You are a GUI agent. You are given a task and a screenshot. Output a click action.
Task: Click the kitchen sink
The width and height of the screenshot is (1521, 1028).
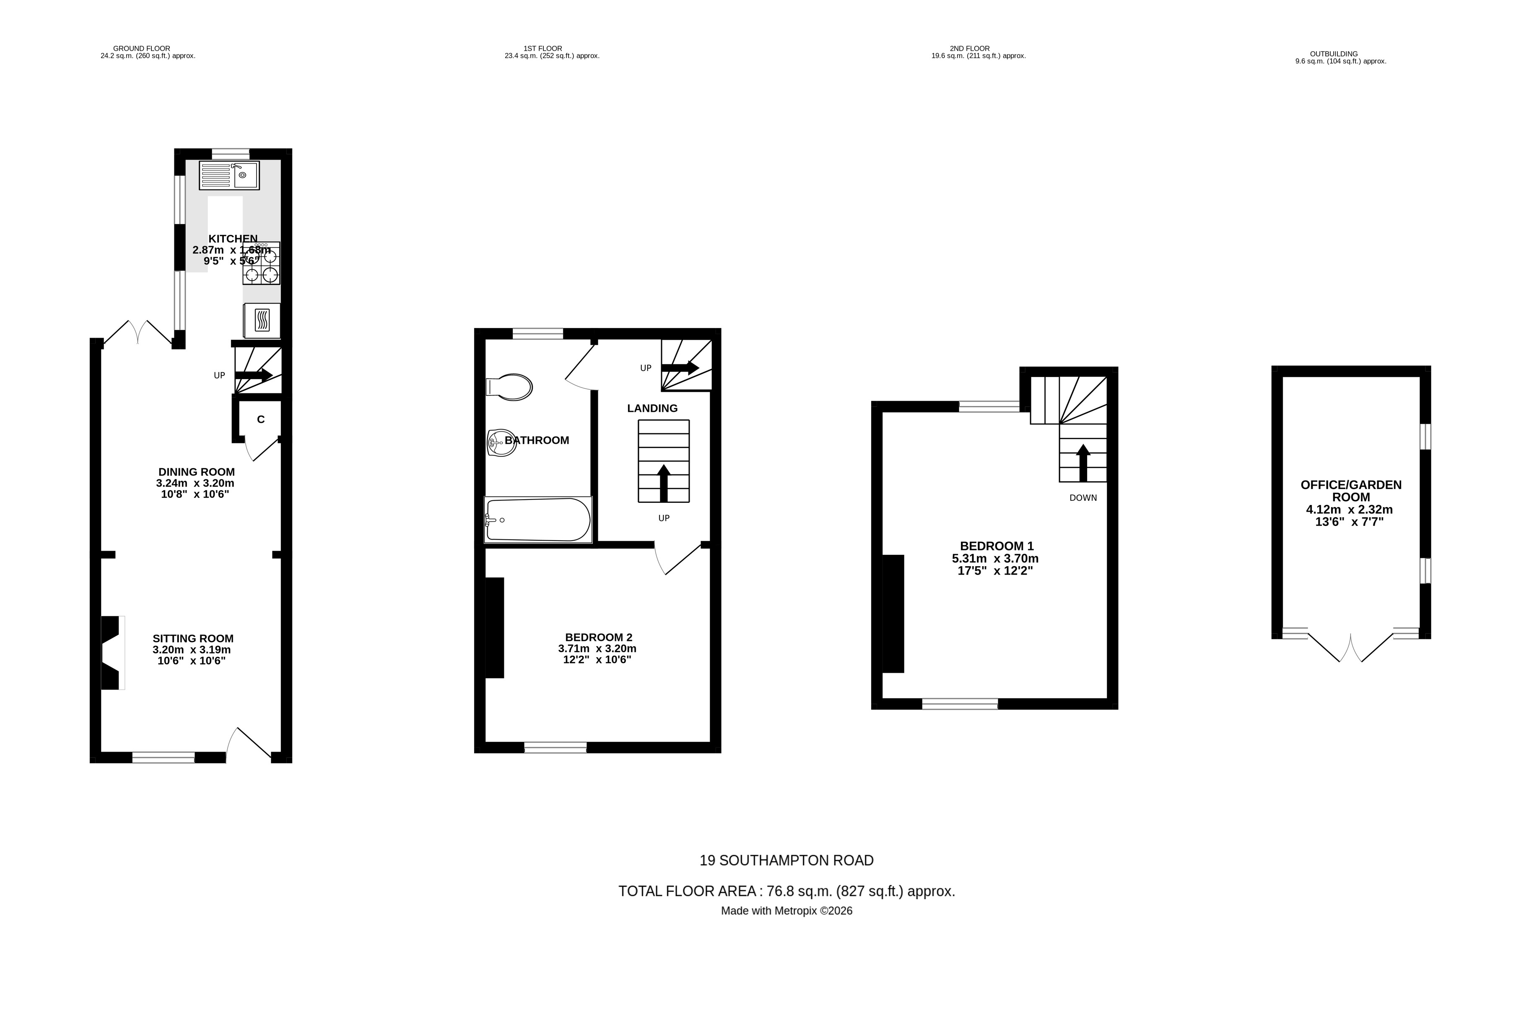229,175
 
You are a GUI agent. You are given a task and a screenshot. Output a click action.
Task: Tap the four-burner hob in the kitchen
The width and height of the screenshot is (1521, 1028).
261,263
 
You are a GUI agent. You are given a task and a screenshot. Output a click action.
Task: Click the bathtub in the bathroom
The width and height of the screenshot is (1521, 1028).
538,520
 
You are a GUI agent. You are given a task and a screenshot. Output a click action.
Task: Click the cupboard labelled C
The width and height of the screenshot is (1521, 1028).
260,420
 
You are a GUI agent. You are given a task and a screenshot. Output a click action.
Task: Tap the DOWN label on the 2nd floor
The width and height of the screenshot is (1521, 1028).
1083,497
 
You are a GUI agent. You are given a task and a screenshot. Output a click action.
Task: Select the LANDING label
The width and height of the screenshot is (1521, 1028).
652,409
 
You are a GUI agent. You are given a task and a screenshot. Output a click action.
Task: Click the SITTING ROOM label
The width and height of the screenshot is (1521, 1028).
193,638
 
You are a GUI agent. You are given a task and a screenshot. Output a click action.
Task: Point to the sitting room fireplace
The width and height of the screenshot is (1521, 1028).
111,653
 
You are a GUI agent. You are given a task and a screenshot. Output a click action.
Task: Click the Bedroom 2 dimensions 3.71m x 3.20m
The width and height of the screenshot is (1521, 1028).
597,649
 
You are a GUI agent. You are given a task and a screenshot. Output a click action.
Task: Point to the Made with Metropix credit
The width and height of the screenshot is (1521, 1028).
786,911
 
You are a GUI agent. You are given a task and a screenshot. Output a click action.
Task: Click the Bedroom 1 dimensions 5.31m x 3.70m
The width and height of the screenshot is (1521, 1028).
995,559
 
